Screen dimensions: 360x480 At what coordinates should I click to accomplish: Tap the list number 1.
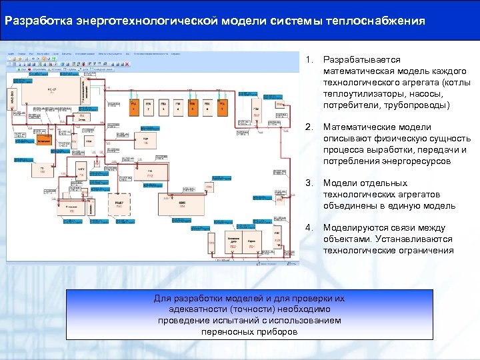(x=308, y=60)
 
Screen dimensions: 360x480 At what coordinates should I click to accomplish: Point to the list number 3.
(x=309, y=183)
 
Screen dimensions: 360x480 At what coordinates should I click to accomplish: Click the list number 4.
(x=309, y=228)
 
